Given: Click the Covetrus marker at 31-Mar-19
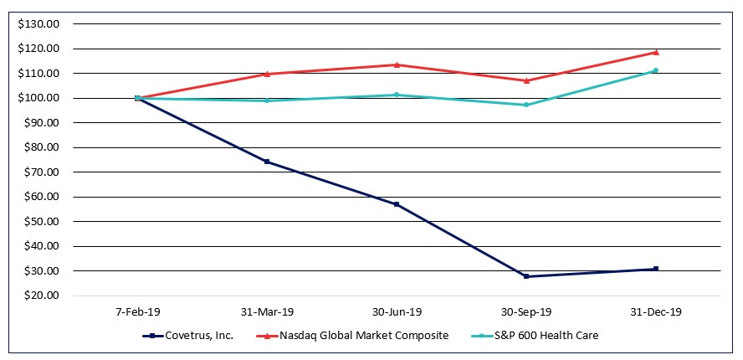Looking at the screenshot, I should pyautogui.click(x=267, y=162).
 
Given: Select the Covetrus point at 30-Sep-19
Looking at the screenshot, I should pyautogui.click(x=526, y=276).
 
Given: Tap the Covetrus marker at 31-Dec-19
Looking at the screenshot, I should pyautogui.click(x=656, y=269).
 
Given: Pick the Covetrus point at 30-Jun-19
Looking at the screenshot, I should pyautogui.click(x=397, y=204).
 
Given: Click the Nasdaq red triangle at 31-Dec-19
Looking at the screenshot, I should pyautogui.click(x=656, y=52).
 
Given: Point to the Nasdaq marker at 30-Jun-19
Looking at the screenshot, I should pyautogui.click(x=397, y=64).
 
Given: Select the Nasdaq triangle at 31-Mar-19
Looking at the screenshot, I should pyautogui.click(x=267, y=74).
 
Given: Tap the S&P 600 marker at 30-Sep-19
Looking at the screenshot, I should pyautogui.click(x=526, y=105).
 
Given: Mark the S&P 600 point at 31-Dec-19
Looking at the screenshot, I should pyautogui.click(x=656, y=70).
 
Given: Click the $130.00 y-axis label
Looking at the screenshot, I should pyautogui.click(x=38, y=24).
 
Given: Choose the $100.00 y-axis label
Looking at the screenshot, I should pyautogui.click(x=38, y=98).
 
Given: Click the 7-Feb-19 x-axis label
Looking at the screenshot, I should pyautogui.click(x=137, y=311).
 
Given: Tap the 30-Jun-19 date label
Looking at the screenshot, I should pyautogui.click(x=397, y=311).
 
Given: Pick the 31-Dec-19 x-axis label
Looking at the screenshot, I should pyautogui.click(x=656, y=311).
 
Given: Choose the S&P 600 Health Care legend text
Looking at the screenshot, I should pyautogui.click(x=545, y=336).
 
